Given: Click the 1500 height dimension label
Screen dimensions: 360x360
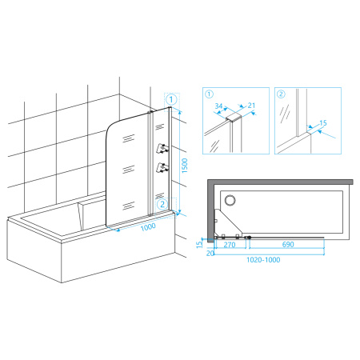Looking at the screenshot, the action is (185, 166).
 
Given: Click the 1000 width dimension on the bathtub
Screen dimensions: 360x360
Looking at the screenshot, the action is (148, 227).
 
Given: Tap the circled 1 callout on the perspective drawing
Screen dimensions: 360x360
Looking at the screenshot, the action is (171, 100).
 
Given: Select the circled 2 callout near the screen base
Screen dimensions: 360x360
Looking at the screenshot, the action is (162, 205).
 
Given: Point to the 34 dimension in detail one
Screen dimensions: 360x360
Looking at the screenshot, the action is (218, 106).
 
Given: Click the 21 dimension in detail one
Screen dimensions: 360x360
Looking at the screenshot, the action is (251, 106).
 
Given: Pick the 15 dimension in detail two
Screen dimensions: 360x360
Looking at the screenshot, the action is (323, 123).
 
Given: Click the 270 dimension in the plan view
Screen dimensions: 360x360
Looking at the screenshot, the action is (230, 245).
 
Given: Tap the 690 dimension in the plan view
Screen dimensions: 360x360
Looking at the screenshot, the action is (288, 244).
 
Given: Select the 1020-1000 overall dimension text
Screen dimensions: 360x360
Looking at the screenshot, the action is (263, 260).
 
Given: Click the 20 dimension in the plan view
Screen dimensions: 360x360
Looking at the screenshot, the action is (210, 253).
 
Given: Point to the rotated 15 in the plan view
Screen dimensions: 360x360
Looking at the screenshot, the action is (199, 245).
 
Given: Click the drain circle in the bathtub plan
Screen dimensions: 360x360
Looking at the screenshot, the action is (230, 200).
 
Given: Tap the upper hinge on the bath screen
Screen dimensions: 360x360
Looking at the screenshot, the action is (162, 148).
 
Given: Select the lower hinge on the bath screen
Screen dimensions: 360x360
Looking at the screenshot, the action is (162, 167).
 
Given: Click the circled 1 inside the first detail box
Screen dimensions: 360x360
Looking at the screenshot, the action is (209, 94).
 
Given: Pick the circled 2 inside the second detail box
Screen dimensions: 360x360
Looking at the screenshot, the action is (281, 94).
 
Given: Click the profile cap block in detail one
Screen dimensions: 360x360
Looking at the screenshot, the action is (234, 117).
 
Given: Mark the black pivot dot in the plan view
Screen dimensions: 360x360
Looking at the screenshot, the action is (250, 237).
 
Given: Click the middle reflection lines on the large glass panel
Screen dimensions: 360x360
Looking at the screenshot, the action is (128, 169).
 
